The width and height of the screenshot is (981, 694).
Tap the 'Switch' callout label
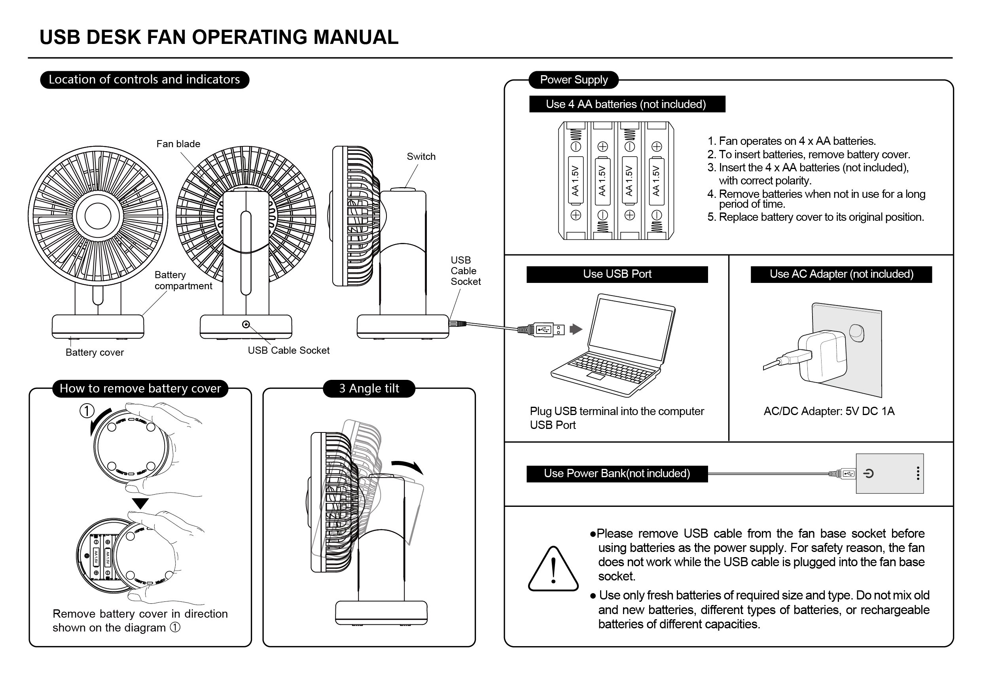pos(421,156)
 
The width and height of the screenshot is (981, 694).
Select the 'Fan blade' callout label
pos(178,144)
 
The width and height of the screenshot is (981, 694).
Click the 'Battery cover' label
pos(95,353)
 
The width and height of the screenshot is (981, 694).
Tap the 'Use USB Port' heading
pos(617,274)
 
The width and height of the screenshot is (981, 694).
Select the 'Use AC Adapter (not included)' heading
pos(841,274)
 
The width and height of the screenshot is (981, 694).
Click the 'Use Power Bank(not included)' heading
pos(617,474)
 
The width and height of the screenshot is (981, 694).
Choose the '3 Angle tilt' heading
pos(369,389)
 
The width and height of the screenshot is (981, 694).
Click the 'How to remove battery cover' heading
pos(140,389)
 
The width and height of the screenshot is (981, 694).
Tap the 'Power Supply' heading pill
pos(574,80)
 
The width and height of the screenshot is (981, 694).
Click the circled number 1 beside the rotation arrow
pos(87,411)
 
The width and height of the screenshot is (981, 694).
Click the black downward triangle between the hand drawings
pos(140,503)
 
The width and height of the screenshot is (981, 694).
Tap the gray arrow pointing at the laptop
pos(576,329)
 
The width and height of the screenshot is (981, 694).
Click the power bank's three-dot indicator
pos(918,473)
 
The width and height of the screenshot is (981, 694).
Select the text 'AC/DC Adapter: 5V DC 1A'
pos(828,411)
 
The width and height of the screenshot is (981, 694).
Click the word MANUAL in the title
pos(356,37)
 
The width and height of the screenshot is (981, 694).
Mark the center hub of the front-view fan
pos(98,216)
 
